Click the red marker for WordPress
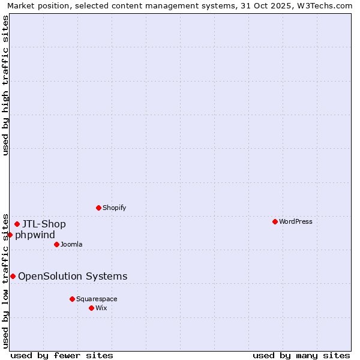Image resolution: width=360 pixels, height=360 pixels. click(x=275, y=221)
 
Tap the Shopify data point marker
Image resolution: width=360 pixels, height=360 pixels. click(x=98, y=208)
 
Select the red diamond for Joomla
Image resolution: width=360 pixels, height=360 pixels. click(x=56, y=244)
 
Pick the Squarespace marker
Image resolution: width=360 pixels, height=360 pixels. click(x=72, y=299)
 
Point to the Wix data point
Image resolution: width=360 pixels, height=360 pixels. click(x=91, y=308)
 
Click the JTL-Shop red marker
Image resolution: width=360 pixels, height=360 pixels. click(x=17, y=224)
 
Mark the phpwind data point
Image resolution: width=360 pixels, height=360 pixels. click(x=10, y=235)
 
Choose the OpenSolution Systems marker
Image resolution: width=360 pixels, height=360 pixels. click(x=13, y=276)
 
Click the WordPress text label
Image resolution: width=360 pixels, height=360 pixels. click(x=296, y=221)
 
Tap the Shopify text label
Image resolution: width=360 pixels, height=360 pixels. click(x=115, y=208)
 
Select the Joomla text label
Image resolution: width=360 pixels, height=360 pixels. click(x=71, y=244)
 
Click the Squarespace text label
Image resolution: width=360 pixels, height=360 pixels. click(x=97, y=299)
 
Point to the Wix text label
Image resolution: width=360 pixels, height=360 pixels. click(x=101, y=308)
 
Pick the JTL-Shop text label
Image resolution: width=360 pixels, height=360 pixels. click(x=44, y=224)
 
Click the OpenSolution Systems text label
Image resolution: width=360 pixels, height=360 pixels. click(x=73, y=276)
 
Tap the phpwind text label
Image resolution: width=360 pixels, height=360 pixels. click(x=35, y=235)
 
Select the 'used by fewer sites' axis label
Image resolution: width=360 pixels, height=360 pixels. click(x=62, y=355)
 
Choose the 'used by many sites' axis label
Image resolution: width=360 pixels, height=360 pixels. click(x=301, y=355)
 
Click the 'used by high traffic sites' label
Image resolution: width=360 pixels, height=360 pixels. click(x=5, y=85)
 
